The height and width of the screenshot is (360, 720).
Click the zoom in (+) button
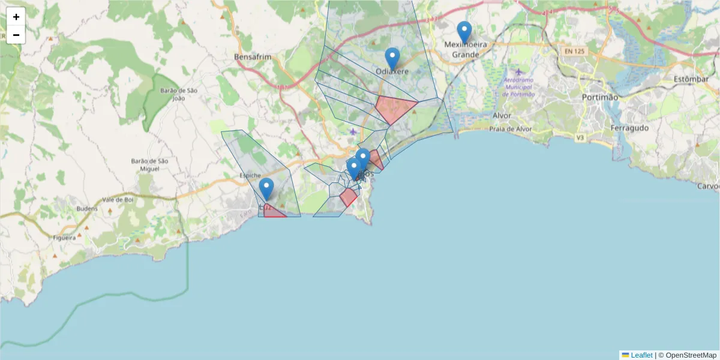16,17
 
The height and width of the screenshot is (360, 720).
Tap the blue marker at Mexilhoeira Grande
464,31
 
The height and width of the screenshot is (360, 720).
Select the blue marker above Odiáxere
392,58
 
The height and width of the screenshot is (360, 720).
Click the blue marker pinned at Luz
266,188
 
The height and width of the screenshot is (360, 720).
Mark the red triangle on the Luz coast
272,212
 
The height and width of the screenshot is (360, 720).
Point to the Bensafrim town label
253,57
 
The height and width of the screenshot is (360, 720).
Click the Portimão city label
599,97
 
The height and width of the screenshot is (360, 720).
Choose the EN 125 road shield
574,51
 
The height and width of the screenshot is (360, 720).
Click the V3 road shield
580,138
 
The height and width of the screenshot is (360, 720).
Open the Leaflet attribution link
641,355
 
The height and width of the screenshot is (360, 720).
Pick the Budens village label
87,209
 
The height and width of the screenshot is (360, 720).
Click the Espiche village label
250,175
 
